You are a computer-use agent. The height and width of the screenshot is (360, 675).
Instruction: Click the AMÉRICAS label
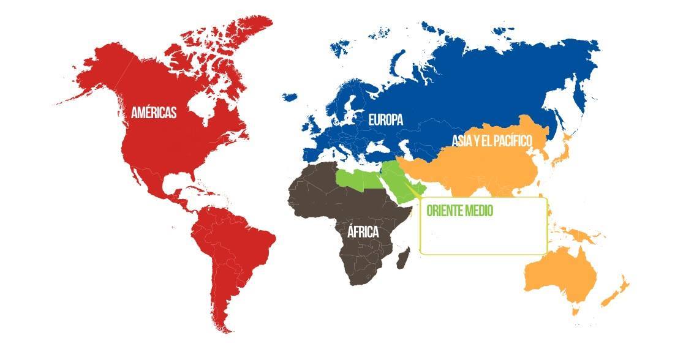tap(154, 113)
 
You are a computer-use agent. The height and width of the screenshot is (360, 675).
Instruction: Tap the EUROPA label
tap(385, 120)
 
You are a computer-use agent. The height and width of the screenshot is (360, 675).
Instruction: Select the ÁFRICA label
tap(363, 232)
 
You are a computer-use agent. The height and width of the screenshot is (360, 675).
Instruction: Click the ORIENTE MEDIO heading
tap(460, 211)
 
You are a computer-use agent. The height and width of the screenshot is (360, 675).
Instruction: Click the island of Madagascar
tap(403, 258)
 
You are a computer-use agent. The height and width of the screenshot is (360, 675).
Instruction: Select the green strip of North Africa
tap(361, 179)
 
